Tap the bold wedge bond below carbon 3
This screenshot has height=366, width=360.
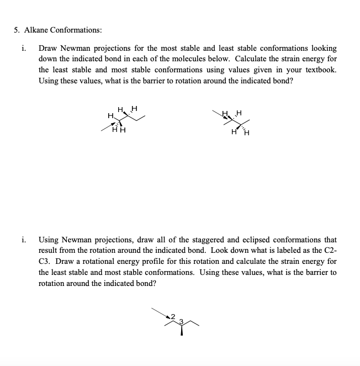tap(182, 330)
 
